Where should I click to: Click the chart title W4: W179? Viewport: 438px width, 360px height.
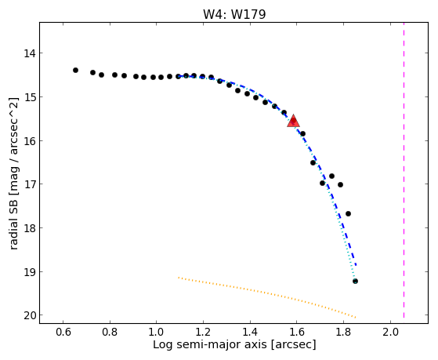234,14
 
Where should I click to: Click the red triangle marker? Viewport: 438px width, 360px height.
293,121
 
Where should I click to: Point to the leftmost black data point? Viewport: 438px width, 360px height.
75,71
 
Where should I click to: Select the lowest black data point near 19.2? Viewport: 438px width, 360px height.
355,281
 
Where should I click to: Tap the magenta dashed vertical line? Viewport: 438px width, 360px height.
404,170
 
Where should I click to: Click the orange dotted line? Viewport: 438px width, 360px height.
266,297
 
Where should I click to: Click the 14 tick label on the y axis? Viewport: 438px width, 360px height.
30,53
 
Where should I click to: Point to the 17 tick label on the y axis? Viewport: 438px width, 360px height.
30,184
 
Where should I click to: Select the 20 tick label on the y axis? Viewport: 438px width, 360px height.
30,315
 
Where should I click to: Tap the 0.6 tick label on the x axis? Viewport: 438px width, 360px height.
63,332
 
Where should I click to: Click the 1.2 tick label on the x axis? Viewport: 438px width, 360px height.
203,332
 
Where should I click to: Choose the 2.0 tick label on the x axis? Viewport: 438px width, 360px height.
390,332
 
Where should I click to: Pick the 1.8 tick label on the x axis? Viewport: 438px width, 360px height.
344,332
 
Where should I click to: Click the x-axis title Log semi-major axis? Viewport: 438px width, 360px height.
210,344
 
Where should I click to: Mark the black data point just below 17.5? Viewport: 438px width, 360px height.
348,213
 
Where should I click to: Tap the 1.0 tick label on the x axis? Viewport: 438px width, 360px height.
157,332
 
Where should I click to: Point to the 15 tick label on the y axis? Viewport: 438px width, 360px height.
30,96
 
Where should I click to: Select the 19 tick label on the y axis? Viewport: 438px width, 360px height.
30,271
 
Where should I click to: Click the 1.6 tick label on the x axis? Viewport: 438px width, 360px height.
297,332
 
